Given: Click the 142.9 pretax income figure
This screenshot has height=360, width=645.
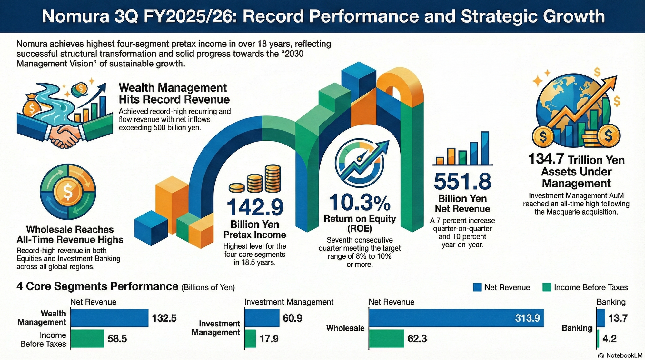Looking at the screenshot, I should coord(255,207).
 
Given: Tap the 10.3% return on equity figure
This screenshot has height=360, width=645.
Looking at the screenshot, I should coord(359,203).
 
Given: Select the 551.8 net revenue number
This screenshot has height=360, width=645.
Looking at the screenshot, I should coord(462,181).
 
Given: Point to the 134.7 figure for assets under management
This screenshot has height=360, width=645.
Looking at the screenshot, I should coord(546,159).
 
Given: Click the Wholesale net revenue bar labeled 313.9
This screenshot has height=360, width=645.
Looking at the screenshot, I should coord(456,318).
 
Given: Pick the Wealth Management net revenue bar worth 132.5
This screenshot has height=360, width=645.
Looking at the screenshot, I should coord(109,318).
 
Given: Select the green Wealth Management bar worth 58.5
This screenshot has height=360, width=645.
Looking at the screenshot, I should coord(87,338).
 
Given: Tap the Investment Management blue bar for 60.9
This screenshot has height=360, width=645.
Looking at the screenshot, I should coord(262,318).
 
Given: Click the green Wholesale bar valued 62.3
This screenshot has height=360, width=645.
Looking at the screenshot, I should coord(386,338).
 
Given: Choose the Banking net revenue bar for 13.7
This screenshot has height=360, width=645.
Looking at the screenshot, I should coord(601,318).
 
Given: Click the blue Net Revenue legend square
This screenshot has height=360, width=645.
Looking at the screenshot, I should coord(477,287).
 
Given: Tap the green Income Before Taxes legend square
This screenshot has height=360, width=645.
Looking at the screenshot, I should coord(547,287).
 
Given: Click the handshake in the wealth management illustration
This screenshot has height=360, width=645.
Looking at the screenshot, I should coord(64,135).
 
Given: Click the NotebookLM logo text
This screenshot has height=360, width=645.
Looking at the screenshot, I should coord(624,355).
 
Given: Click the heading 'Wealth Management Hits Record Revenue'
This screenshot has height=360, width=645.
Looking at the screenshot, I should coord(174,94).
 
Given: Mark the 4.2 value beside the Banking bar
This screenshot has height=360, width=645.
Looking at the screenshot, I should coord(609,339).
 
